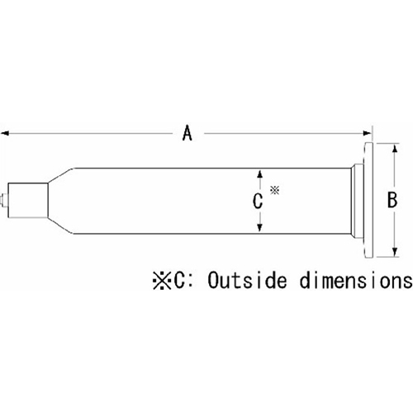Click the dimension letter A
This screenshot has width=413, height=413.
[x=188, y=133]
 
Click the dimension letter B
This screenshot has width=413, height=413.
[x=392, y=200]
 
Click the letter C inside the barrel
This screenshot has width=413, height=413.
[x=258, y=201]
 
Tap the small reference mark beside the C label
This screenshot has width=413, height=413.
[x=274, y=190]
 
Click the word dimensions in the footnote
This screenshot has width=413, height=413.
[x=356, y=281]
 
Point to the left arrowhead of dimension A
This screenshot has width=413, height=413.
[x=5, y=134]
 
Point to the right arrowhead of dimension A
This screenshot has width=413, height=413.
[x=368, y=134]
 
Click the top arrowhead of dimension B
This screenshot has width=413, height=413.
[x=395, y=149]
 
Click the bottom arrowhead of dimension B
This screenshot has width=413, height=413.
[x=395, y=252]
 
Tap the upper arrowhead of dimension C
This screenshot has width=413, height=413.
[x=259, y=174]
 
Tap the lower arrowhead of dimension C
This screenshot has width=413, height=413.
[x=259, y=227]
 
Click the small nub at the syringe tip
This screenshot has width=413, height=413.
[x=5, y=200]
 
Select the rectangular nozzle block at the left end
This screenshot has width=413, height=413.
[x=28, y=200]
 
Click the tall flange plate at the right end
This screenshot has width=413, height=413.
[x=369, y=200]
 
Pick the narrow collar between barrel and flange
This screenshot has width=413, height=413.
[x=358, y=200]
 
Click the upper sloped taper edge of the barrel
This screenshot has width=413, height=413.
[x=61, y=175]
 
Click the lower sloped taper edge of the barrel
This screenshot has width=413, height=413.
[x=61, y=225]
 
